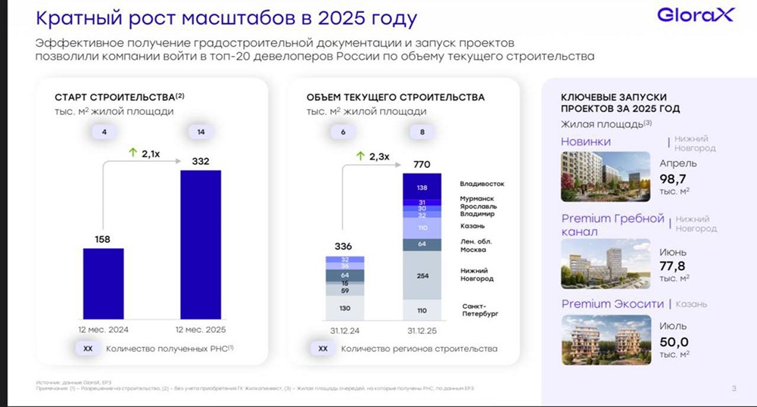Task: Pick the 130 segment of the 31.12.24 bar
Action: [344, 309]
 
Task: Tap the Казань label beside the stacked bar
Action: [472, 226]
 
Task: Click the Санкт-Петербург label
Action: [482, 308]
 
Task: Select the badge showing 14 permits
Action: [201, 132]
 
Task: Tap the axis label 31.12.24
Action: [344, 330]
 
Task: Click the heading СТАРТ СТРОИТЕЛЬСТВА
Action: [114, 98]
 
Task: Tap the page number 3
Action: [734, 390]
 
